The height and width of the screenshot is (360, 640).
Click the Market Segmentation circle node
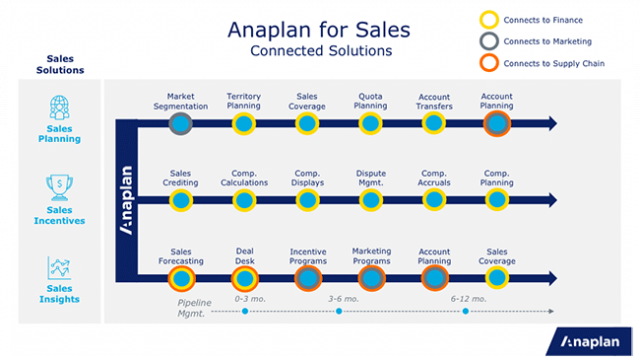tap(181, 123)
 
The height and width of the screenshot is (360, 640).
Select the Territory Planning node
tap(244, 123)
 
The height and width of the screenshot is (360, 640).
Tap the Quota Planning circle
tap(370, 123)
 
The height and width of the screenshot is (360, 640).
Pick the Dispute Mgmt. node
tap(370, 200)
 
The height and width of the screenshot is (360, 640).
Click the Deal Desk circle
tap(244, 277)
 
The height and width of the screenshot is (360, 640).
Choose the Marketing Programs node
tap(370, 277)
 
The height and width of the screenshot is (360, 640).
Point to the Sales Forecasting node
tap(181, 277)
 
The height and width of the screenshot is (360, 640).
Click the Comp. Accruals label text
tap(433, 178)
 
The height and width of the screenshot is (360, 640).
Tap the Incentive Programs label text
tap(308, 256)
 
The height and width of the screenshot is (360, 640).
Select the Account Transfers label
tap(433, 101)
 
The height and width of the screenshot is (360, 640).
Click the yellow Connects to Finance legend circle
tap(488, 18)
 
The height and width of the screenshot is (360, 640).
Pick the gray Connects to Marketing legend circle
tap(488, 41)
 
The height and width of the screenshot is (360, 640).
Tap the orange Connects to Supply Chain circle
tap(488, 64)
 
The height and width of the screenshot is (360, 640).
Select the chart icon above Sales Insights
tap(58, 268)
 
